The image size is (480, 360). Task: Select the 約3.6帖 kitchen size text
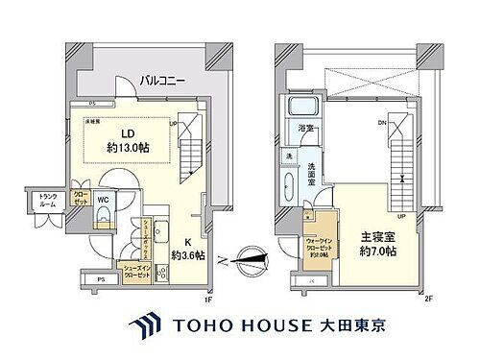coord(186,255)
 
